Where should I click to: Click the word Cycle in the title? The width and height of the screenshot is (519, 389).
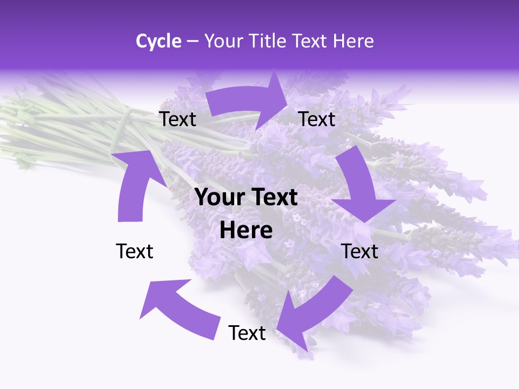click(x=158, y=41)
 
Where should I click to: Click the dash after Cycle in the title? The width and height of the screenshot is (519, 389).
click(x=192, y=42)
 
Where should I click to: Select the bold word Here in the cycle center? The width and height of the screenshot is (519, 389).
click(x=246, y=230)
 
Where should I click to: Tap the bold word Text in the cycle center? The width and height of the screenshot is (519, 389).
click(x=272, y=198)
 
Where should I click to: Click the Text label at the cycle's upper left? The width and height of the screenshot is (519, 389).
click(x=178, y=119)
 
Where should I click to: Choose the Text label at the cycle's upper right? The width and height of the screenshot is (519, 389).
click(x=317, y=119)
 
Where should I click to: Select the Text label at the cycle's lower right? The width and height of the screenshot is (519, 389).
click(x=360, y=251)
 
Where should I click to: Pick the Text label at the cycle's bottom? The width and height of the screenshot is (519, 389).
click(x=247, y=333)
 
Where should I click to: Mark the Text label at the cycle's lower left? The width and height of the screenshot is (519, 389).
click(x=135, y=251)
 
